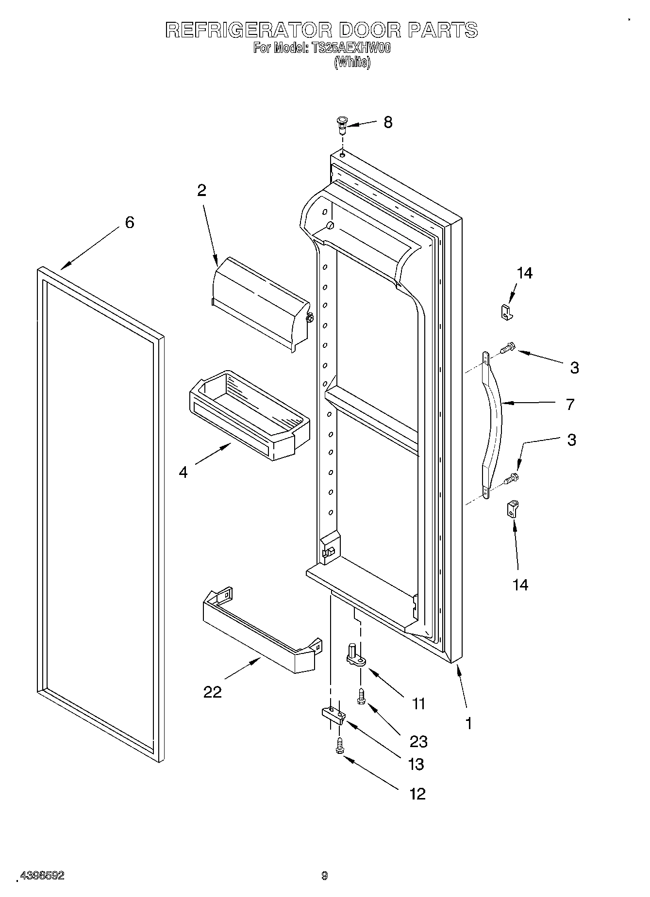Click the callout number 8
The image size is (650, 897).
pyautogui.click(x=387, y=122)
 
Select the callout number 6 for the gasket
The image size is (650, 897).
pyautogui.click(x=129, y=223)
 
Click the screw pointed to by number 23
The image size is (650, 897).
pyautogui.click(x=361, y=697)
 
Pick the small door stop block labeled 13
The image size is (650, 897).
pyautogui.click(x=333, y=714)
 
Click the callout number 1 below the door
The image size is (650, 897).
pyautogui.click(x=468, y=723)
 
